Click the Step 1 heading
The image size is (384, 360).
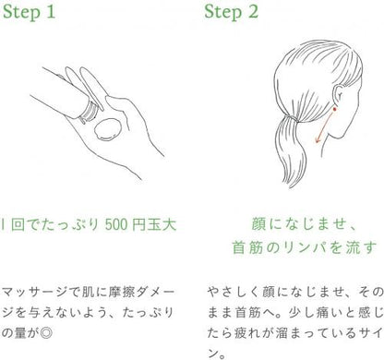coord(29,13)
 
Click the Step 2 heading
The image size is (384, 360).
coord(231,13)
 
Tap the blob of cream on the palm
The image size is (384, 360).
coord(107,129)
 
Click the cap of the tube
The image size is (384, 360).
coord(90,111)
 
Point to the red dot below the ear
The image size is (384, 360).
coord(334,109)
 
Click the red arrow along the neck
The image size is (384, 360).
coord(324,128)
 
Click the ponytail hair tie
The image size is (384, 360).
coord(292,118)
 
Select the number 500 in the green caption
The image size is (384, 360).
coord(115,224)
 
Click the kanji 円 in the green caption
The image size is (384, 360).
coord(139,224)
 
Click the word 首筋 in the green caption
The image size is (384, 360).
coord(247,247)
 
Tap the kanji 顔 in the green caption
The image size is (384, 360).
coord(259,224)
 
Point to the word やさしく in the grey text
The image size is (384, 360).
coord(234,292)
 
